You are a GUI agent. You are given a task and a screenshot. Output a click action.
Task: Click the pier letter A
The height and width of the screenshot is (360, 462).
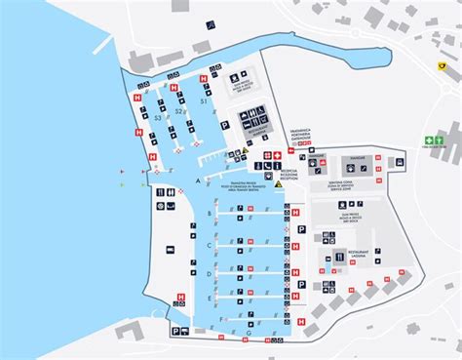click(198, 181)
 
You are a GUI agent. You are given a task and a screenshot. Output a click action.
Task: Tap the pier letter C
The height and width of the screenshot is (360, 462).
click(209, 245)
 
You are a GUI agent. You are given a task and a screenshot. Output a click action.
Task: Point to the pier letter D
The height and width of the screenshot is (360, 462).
click(209, 275)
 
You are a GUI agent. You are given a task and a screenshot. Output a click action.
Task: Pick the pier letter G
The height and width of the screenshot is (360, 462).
click(248, 334)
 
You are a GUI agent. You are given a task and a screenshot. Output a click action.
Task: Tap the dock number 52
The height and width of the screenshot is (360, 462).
click(178, 112)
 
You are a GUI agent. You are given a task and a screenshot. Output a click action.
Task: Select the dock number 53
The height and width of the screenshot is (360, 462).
click(158, 118)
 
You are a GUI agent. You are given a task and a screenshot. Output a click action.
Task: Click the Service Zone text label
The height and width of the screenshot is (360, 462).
click(341, 184)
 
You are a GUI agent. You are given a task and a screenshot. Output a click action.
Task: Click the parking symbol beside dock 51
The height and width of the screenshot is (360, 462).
click(224, 126)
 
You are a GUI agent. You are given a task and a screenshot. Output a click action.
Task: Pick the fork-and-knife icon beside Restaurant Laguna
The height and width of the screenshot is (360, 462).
click(339, 257)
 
